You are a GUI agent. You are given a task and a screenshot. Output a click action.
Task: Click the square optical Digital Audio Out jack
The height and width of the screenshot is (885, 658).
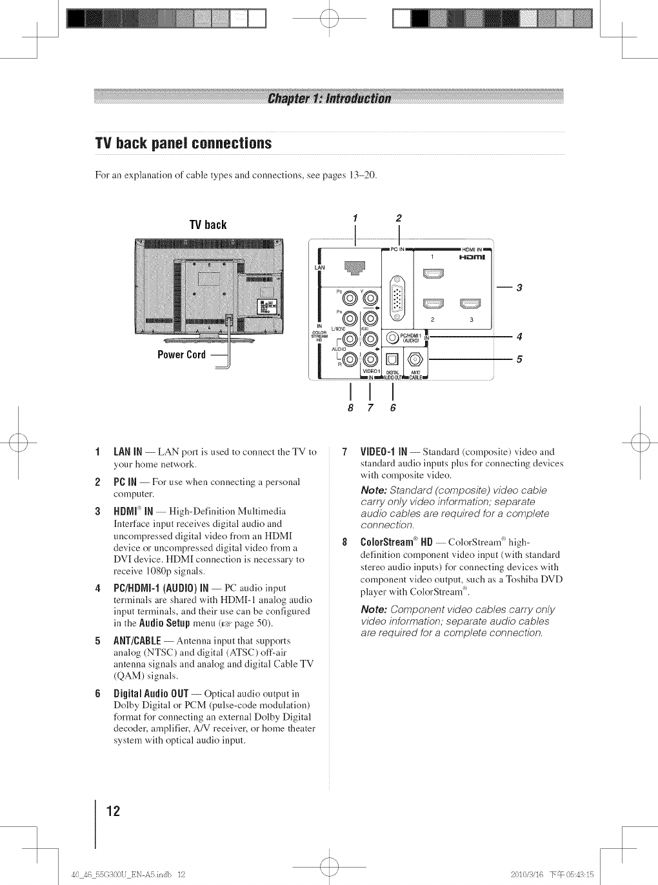[392, 359]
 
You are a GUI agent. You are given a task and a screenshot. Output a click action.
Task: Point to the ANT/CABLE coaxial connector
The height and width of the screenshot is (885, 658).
[415, 359]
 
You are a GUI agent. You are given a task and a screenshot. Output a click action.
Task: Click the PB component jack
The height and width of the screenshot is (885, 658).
[350, 297]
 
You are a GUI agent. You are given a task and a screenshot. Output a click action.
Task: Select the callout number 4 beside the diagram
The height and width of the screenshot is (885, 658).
[519, 336]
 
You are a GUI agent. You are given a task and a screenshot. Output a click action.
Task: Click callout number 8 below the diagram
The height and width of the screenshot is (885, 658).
[350, 408]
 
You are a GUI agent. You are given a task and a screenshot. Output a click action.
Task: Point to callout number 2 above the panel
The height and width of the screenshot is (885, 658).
[399, 218]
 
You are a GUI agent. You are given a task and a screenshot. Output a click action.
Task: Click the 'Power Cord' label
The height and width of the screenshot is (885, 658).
[182, 355]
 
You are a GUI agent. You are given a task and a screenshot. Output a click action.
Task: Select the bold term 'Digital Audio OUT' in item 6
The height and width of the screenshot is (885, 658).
[151, 694]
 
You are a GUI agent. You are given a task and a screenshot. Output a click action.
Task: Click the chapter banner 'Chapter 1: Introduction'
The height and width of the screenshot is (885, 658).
[328, 98]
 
